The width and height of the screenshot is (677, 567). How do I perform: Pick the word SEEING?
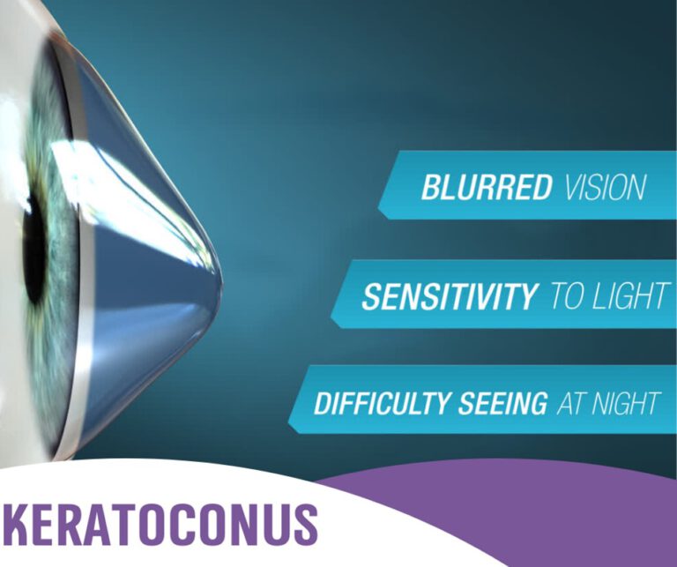pos(507,404)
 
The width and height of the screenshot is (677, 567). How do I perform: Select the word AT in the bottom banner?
pos(570,404)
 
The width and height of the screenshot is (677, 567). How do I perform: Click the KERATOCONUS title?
pos(159,524)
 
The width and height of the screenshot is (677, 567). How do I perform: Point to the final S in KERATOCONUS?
pos(302,524)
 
